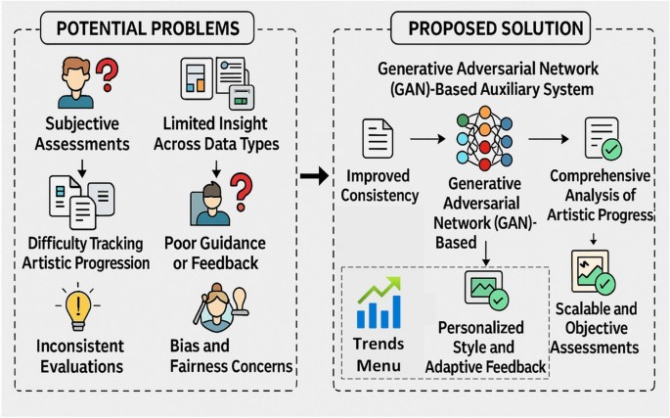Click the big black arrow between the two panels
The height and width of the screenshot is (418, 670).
pos(314,175)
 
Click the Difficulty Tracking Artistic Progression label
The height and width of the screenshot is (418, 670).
pos(89,253)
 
